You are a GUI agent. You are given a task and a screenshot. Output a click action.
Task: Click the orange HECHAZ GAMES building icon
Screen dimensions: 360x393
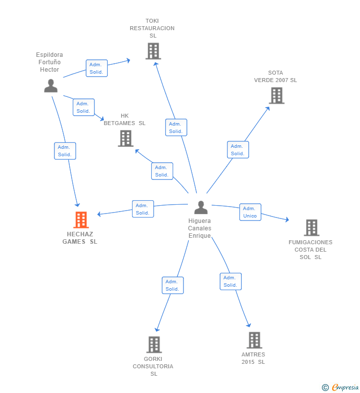pos(81,220)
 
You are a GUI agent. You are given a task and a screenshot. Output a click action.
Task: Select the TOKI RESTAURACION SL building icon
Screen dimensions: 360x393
pos(153,51)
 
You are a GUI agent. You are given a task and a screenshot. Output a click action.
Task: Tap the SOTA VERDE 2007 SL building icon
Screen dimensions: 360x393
pos(276,95)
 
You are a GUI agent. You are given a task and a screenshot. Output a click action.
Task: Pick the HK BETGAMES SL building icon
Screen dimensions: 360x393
pos(126,138)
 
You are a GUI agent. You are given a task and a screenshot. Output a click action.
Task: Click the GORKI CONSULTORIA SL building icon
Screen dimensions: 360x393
pos(154,345)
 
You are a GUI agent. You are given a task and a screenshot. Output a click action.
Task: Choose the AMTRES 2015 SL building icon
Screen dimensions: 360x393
pos(254,340)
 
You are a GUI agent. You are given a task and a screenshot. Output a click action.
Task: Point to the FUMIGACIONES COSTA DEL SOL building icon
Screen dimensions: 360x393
pos(312,227)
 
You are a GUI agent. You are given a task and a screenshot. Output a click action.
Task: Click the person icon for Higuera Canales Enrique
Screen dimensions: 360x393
pos(201,207)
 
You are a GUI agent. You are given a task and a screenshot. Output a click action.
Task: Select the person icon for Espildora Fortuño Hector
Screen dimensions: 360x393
pos(50,86)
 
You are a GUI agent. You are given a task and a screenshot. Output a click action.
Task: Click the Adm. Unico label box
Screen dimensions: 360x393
pos(250,212)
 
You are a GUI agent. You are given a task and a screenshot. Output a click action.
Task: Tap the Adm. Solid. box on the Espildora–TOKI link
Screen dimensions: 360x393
pos(96,68)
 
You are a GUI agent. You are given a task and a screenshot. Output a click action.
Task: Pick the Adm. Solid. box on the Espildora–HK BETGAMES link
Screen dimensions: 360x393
pos(84,107)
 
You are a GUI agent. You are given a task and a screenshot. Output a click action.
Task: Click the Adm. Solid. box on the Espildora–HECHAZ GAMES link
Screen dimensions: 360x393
pos(65,151)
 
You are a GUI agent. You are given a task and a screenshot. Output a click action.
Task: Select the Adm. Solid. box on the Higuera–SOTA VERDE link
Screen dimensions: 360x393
pos(238,150)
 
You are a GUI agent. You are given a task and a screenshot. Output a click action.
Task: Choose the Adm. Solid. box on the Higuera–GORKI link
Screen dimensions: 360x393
pos(173,285)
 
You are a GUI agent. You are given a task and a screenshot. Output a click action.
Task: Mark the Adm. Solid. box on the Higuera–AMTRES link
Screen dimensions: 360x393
pos(230,281)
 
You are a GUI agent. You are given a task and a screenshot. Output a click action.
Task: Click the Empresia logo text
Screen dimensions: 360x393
pos(345,387)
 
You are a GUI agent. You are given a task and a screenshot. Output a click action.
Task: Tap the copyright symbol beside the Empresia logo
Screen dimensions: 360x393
pos(325,388)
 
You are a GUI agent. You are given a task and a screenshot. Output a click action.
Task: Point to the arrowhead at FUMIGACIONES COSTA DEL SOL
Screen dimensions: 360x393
pos(287,219)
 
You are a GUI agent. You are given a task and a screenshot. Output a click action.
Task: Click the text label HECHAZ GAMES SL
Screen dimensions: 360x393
pos(80,238)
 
